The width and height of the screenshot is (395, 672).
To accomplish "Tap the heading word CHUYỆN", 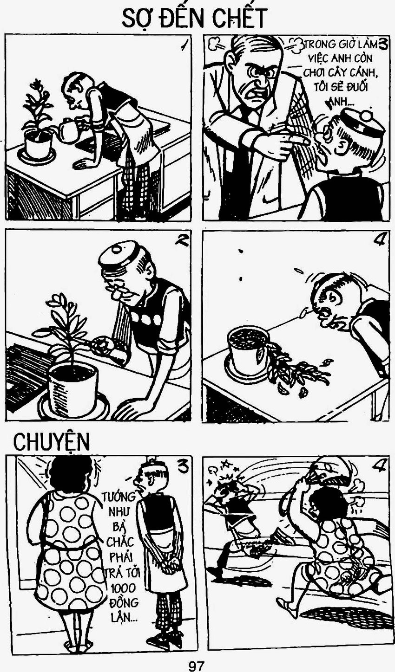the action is pyautogui.click(x=52, y=442).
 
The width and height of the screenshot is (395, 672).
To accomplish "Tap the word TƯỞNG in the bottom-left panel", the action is pyautogui.click(x=118, y=497).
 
